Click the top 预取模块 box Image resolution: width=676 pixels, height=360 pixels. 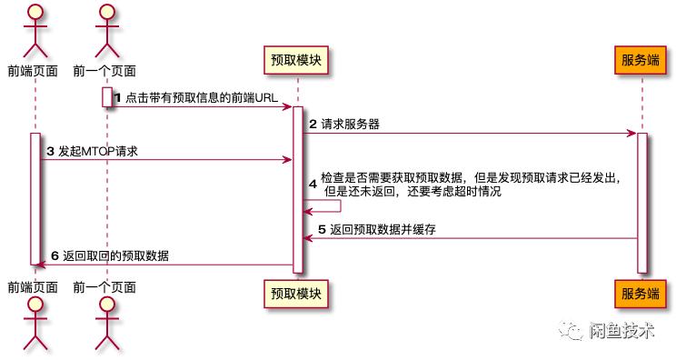point(295,61)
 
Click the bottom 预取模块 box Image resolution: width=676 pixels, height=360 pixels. point(295,293)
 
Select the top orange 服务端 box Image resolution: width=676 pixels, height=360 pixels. point(641,61)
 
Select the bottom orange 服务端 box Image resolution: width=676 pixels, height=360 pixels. point(641,293)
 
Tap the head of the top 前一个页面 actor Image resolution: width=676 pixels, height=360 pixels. point(105,13)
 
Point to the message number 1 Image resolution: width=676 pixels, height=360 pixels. point(117,97)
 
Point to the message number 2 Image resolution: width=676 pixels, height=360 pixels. point(313,124)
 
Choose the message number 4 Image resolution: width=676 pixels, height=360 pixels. point(313,185)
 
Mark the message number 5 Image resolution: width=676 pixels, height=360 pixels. point(321,230)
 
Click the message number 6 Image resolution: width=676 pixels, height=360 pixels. point(54,255)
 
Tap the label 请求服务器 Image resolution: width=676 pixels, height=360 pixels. point(350,124)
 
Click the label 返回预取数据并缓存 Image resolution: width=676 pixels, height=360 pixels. point(383,230)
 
